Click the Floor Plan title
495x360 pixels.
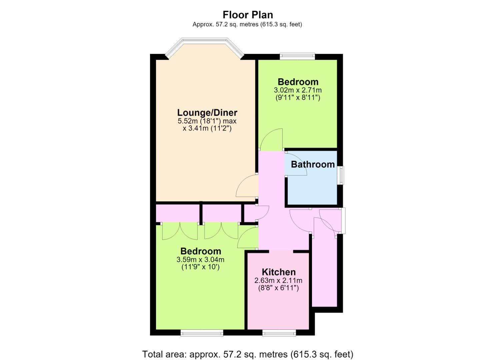248,15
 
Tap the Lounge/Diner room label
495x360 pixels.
207,113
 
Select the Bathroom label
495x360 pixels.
313,164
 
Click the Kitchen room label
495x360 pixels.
279,272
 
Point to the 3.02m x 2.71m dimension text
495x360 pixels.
298,90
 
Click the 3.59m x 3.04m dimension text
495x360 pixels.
200,260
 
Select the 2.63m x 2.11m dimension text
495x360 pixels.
278,281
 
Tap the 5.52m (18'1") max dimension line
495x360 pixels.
207,121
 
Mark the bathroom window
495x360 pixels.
342,175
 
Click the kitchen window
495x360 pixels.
279,333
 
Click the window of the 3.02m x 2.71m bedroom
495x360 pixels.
297,56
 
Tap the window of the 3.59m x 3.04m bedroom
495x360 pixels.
202,333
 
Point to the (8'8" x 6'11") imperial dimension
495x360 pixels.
278,288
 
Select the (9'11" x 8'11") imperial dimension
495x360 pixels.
298,98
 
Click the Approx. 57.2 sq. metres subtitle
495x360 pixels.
247,24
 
